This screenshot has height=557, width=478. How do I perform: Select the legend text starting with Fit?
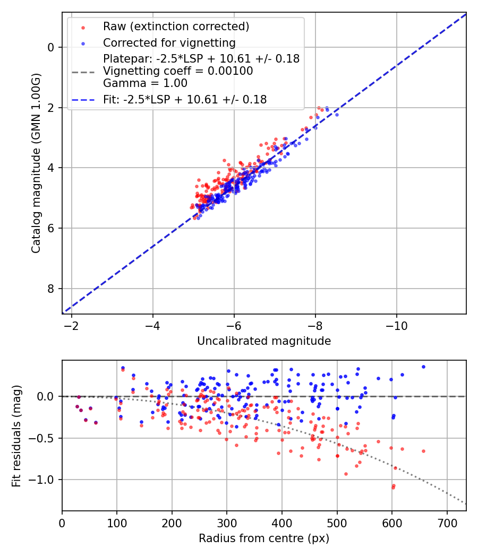tap(185, 99)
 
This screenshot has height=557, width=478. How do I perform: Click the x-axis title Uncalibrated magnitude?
tap(264, 341)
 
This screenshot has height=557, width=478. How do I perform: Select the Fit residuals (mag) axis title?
tap(16, 436)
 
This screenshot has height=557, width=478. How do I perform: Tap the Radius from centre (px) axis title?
tap(264, 538)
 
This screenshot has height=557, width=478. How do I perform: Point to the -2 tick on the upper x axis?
tap(72, 325)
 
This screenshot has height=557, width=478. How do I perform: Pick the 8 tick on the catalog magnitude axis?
tap(52, 289)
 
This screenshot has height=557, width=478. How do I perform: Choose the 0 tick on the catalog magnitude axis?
tap(52, 47)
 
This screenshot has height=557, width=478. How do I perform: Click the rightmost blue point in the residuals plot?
tap(423, 367)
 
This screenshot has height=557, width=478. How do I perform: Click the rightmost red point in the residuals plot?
tap(423, 451)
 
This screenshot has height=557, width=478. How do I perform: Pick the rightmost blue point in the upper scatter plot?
tap(336, 115)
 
